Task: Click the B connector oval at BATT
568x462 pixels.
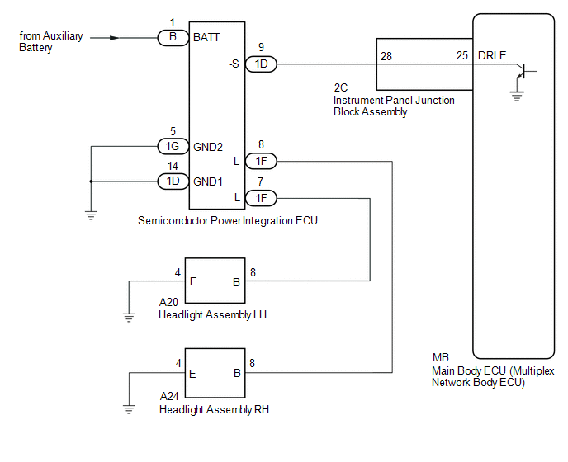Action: (x=173, y=38)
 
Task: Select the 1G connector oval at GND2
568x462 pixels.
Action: (x=173, y=146)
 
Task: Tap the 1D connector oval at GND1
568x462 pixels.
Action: (x=173, y=181)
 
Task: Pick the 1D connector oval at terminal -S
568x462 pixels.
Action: (x=261, y=64)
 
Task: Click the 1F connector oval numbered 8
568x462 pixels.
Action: (x=261, y=161)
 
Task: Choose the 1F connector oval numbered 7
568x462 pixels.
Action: (x=261, y=198)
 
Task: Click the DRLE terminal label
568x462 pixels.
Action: (x=492, y=55)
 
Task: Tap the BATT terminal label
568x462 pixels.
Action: (x=206, y=37)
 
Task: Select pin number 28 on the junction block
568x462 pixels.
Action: (x=386, y=56)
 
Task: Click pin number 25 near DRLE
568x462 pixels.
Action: (x=462, y=55)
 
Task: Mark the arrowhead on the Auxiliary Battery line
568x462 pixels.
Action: (x=114, y=38)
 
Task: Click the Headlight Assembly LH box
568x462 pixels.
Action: (x=215, y=280)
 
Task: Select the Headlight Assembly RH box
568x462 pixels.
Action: (x=215, y=373)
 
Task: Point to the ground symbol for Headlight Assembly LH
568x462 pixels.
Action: (x=129, y=318)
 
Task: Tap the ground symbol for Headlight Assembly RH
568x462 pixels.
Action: (x=129, y=409)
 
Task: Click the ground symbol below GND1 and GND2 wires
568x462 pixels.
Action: (x=91, y=215)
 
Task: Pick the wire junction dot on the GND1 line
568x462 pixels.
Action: (x=91, y=181)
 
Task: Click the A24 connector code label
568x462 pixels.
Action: (x=169, y=396)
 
